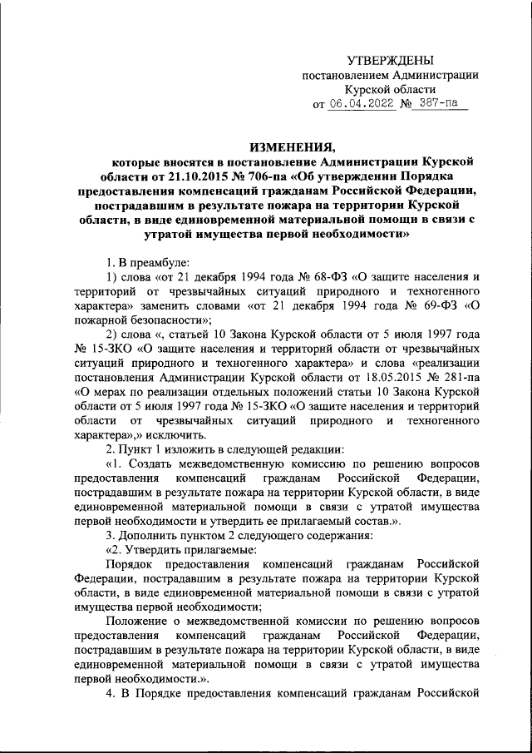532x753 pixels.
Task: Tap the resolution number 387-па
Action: [x=438, y=105]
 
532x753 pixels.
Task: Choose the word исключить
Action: [x=182, y=440]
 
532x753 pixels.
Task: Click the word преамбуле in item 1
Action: [x=147, y=260]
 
